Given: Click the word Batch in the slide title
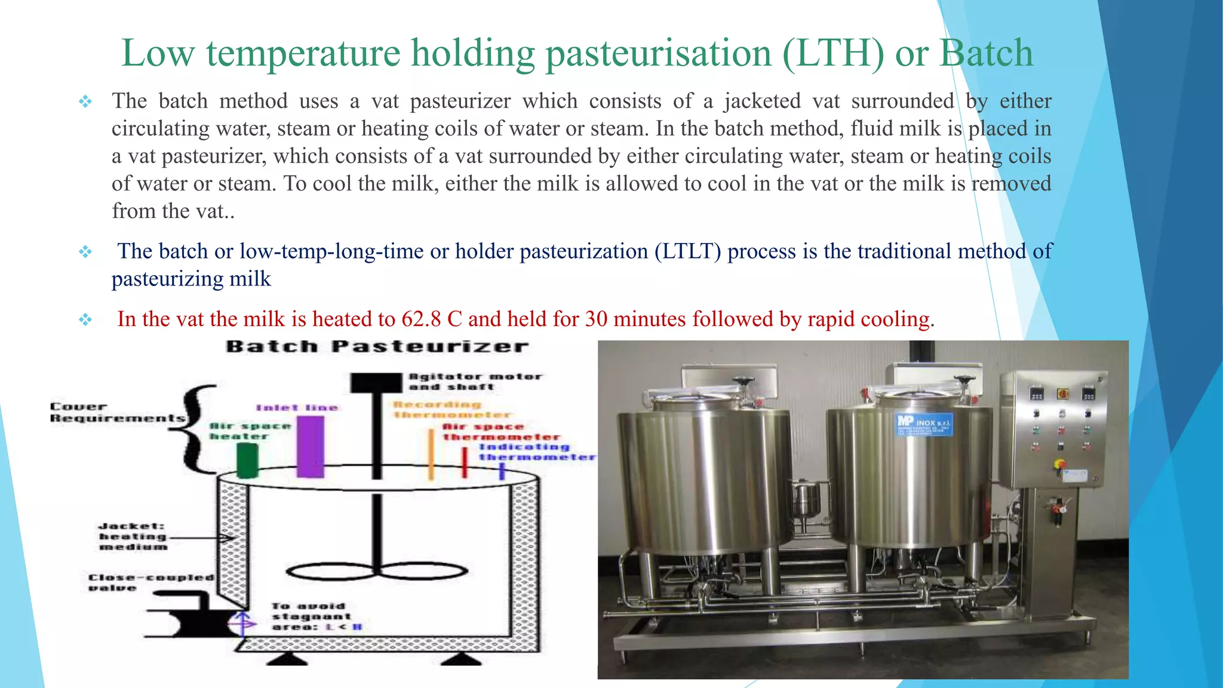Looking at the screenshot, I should (986, 54).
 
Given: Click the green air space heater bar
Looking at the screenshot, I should (247, 460).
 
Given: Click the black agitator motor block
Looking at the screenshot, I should (376, 382).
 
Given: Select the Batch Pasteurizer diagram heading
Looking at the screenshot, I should (377, 347).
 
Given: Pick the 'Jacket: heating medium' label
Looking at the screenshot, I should (133, 536).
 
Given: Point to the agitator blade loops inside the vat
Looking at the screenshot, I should (377, 572).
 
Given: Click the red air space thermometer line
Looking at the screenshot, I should (465, 462).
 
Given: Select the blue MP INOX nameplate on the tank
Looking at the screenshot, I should (924, 424).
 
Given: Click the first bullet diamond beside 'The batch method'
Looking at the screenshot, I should (85, 102).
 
